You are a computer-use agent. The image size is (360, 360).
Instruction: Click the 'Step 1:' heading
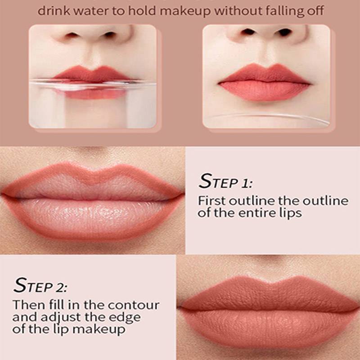click(x=225, y=181)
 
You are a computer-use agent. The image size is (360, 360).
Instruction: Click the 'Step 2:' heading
click(x=40, y=285)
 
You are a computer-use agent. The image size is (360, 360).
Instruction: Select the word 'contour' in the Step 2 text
click(x=133, y=305)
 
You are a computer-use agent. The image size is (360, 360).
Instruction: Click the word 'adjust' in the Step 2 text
click(x=61, y=318)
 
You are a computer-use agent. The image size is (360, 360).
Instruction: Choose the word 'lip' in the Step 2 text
click(x=62, y=329)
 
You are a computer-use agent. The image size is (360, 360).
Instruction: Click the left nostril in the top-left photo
click(x=72, y=35)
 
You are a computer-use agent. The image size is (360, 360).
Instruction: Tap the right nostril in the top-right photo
click(x=284, y=32)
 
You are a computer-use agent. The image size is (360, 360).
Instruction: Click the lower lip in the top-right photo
click(x=264, y=90)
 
